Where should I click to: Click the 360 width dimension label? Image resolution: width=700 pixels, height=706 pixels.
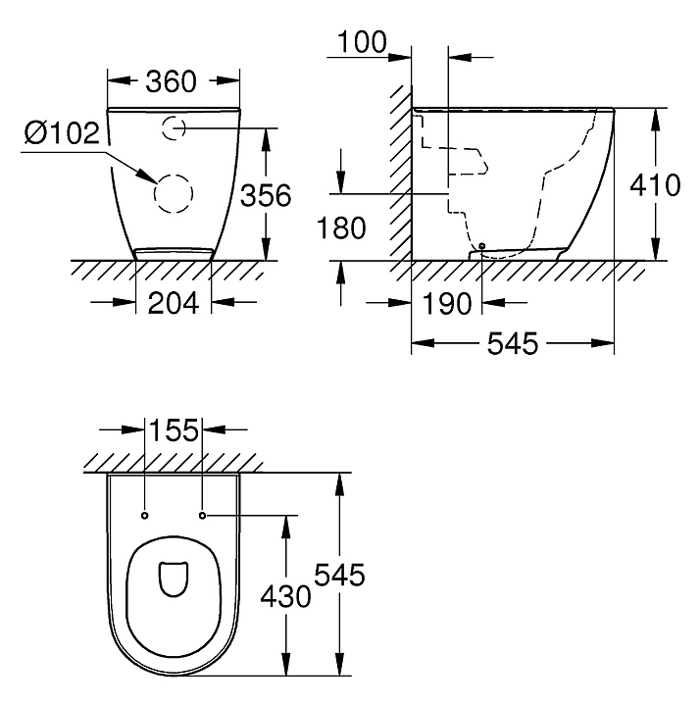tap(171, 81)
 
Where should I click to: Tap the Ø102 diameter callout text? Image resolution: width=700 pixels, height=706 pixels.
tap(62, 132)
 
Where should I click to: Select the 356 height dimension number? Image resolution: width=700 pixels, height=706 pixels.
tap(266, 195)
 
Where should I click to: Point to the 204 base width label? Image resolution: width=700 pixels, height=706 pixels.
tap(174, 303)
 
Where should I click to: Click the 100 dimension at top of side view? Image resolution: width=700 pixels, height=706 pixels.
tap(362, 42)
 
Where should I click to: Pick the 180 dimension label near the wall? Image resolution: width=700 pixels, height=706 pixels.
tap(341, 227)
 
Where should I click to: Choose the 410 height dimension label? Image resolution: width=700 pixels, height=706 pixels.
tap(655, 185)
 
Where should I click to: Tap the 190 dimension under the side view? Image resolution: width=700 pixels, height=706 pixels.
tap(447, 303)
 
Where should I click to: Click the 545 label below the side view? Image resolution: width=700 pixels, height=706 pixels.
tap(513, 343)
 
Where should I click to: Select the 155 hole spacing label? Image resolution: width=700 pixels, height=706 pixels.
tap(174, 429)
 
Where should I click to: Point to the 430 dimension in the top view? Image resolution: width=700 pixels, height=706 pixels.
tap(286, 596)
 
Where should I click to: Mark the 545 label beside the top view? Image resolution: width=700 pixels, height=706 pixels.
tap(339, 575)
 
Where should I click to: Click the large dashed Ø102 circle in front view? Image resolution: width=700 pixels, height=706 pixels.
tap(154, 193)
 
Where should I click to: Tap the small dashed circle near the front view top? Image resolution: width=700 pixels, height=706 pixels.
tap(163, 128)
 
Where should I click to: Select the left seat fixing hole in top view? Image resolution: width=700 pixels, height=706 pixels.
tap(144, 515)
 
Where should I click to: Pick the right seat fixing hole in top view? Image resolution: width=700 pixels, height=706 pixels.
tap(202, 515)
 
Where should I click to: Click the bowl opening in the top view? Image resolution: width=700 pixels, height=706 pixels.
tap(174, 579)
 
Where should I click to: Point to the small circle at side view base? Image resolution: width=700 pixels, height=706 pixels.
tap(482, 246)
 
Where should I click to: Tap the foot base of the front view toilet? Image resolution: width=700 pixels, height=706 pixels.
tap(174, 254)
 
